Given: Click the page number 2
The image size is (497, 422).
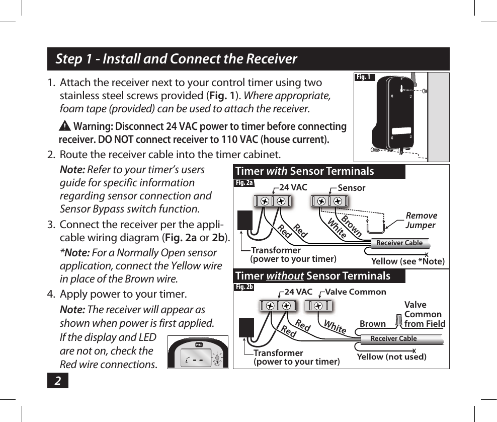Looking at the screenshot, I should coord(58,381).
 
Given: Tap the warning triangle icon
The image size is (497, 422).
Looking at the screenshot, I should coord(65,126).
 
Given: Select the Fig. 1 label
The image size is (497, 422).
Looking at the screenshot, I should coord(364,77).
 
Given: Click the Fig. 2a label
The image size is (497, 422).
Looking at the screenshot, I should coord(244,183).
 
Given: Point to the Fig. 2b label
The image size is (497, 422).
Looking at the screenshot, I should coord(244,287).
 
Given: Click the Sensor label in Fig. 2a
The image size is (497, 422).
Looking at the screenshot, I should coord(351,188).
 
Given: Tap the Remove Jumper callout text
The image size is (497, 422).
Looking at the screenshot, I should coord(421,221).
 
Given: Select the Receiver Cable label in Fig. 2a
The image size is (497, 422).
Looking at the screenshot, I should coord(399,243).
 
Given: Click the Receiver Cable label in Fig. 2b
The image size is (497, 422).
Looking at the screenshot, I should coord(393,338).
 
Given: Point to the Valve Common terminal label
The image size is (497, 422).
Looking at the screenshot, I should coord(356,292).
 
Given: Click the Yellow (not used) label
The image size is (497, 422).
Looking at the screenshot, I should coord(391,357).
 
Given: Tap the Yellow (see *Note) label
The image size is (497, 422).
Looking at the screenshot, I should coord(407,261).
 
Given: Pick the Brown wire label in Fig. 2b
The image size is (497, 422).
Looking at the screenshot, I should coord(373,324).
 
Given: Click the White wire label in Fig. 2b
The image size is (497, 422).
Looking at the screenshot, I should coord(335,326).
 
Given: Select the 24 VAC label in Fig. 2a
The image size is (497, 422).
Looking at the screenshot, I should coord(293,188).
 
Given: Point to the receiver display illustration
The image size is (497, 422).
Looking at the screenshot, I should coord(198,352).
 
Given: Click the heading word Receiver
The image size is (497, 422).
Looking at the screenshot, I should coord(271,59).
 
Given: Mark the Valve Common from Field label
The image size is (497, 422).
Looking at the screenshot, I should coord(424,314).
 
